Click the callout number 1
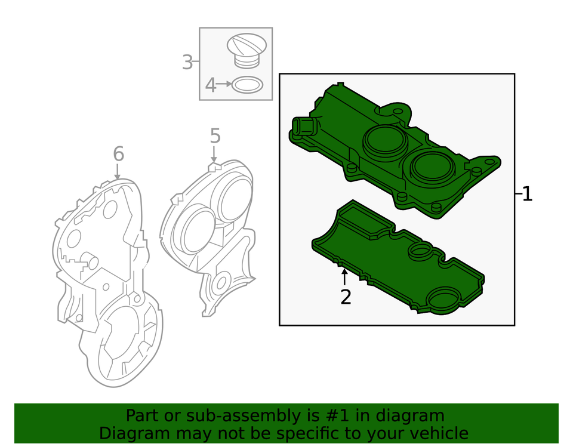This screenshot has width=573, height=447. (527, 194)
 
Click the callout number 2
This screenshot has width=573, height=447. (346, 297)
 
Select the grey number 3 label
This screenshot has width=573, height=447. (187, 62)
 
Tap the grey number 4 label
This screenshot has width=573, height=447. (210, 85)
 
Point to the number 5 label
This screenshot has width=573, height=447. (215, 137)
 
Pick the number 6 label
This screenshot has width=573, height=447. (118, 155)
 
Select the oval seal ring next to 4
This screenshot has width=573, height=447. (247, 85)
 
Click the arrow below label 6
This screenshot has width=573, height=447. (118, 172)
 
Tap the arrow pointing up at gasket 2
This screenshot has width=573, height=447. (344, 278)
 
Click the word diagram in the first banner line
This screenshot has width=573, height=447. (414, 416)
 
